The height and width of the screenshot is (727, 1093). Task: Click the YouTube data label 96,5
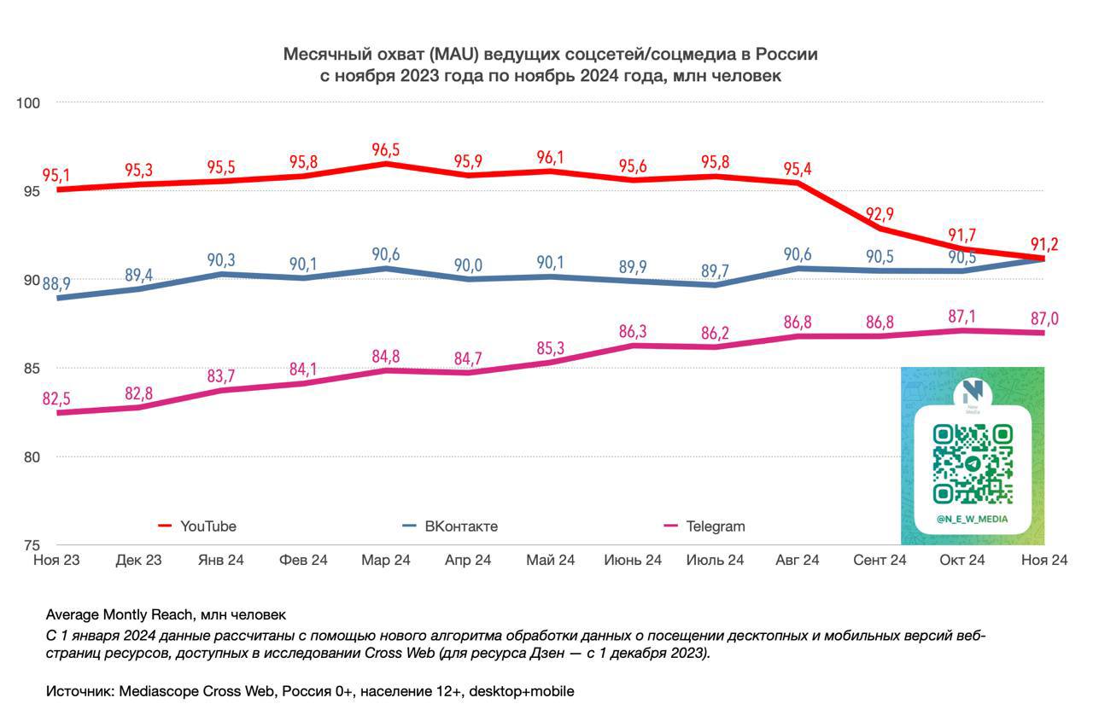[x=385, y=149]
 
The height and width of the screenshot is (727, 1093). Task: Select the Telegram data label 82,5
[x=56, y=398]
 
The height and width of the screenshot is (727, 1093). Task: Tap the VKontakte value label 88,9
[x=56, y=284]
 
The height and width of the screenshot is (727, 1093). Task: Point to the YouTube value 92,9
[x=880, y=214]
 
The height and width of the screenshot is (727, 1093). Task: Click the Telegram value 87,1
[x=961, y=317]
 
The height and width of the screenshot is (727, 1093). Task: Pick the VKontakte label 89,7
[x=715, y=270]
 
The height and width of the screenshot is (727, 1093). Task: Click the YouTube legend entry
[x=197, y=526]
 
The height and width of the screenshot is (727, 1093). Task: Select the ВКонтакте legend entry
[x=450, y=526]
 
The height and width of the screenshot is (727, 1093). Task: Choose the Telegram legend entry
[x=704, y=526]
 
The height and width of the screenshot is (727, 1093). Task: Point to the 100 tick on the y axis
[x=28, y=103]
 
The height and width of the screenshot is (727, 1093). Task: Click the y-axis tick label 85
[x=32, y=368]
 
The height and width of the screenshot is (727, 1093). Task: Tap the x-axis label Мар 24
[x=385, y=560]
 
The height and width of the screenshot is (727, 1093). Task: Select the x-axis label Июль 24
[x=715, y=560]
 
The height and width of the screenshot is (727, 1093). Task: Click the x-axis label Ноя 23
[x=56, y=560]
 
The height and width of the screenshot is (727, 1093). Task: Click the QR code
[x=973, y=463]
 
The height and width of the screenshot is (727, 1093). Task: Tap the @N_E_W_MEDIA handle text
[x=973, y=520]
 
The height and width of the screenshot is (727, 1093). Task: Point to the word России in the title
[x=786, y=54]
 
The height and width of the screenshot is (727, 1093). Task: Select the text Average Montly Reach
[x=120, y=615]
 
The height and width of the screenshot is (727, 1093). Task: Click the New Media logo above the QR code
[x=973, y=394]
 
